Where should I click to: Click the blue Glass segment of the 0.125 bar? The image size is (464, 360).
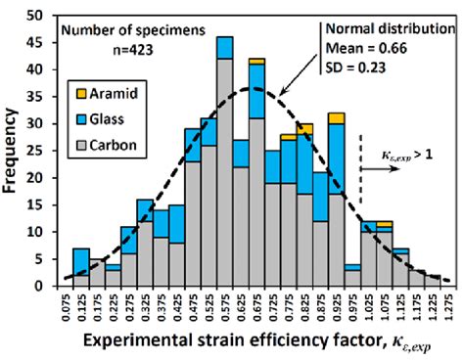tap(81, 257)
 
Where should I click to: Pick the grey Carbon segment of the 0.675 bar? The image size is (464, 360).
tap(256, 196)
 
